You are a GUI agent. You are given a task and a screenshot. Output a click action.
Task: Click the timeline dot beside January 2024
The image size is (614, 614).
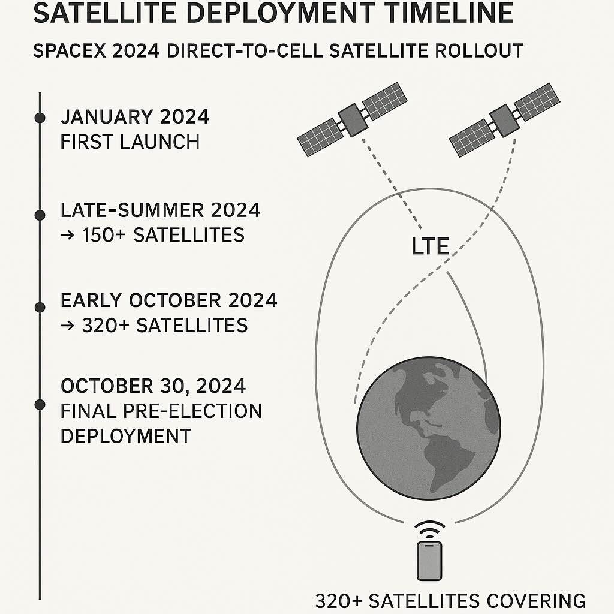(x=40, y=118)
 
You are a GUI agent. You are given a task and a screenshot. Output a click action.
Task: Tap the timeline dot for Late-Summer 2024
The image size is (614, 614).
(x=40, y=215)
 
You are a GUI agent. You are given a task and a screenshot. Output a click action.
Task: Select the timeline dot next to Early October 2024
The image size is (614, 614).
(x=40, y=308)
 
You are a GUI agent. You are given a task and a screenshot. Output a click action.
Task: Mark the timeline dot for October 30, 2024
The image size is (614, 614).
(x=40, y=405)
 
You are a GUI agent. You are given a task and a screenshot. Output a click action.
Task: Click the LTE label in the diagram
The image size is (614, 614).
(x=429, y=246)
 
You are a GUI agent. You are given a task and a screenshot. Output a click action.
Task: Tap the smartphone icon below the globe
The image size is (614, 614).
(x=429, y=561)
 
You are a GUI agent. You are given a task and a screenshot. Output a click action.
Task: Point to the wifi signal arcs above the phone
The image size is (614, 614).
(x=429, y=529)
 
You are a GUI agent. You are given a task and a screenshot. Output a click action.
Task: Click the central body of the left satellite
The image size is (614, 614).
(x=353, y=120)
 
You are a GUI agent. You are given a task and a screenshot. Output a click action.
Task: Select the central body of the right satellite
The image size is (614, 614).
(x=505, y=121)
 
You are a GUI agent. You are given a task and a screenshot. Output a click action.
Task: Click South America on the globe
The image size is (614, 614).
(x=450, y=462)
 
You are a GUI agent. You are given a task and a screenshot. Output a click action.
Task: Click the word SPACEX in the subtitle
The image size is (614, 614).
(x=70, y=51)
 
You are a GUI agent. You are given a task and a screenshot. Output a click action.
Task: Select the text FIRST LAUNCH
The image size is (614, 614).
(x=130, y=142)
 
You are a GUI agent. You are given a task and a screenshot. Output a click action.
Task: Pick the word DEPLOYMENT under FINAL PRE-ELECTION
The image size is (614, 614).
(x=126, y=436)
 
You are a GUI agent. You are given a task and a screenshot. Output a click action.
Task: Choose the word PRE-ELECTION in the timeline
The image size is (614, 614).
(x=192, y=411)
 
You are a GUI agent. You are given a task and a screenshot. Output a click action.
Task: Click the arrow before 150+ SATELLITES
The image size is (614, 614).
(x=67, y=235)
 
